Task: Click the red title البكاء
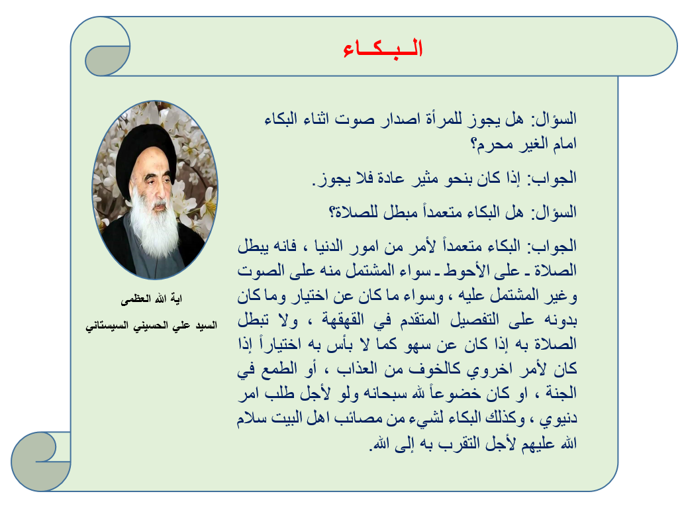[x=383, y=48]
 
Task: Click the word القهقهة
[x=343, y=320]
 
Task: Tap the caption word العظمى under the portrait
[x=136, y=299]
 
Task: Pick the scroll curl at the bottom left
[x=41, y=461]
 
